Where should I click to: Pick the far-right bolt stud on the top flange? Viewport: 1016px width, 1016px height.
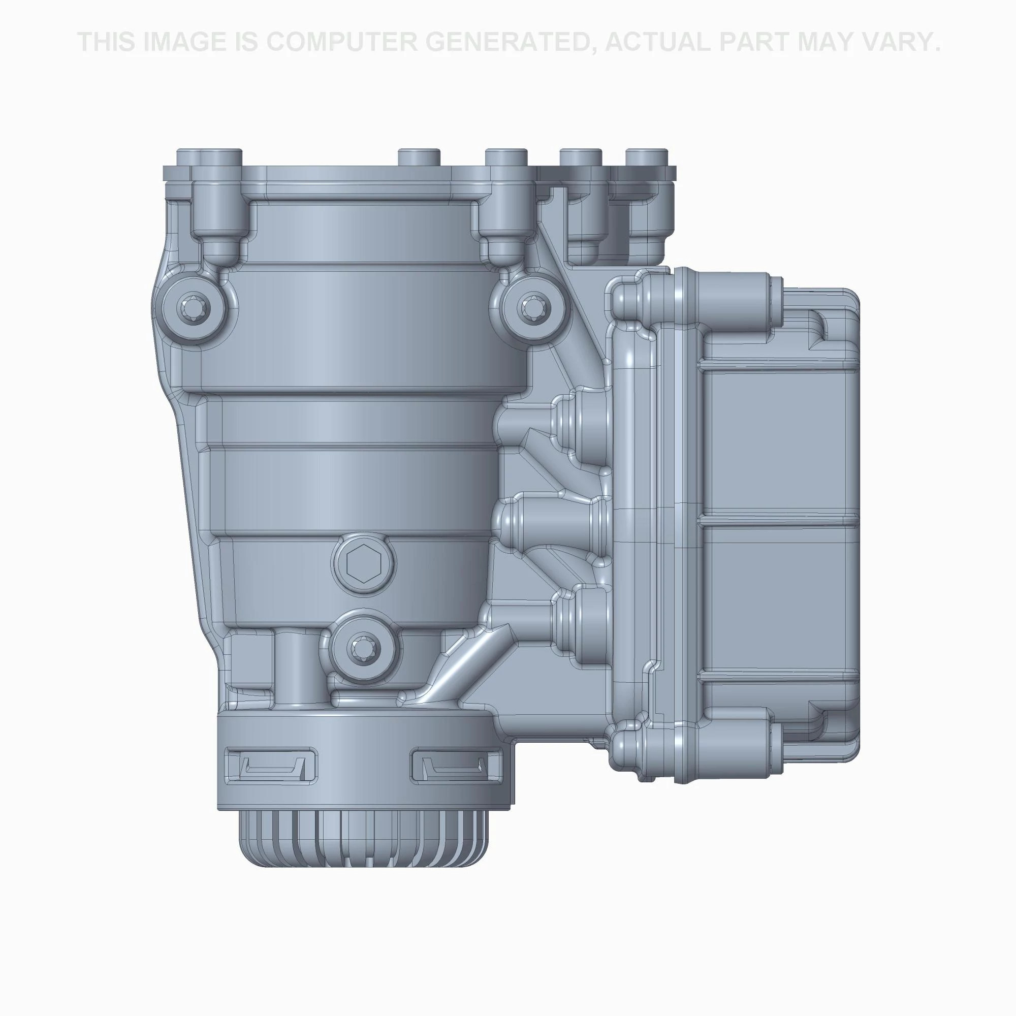647,158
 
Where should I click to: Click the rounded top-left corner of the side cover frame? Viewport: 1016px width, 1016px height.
623,295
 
